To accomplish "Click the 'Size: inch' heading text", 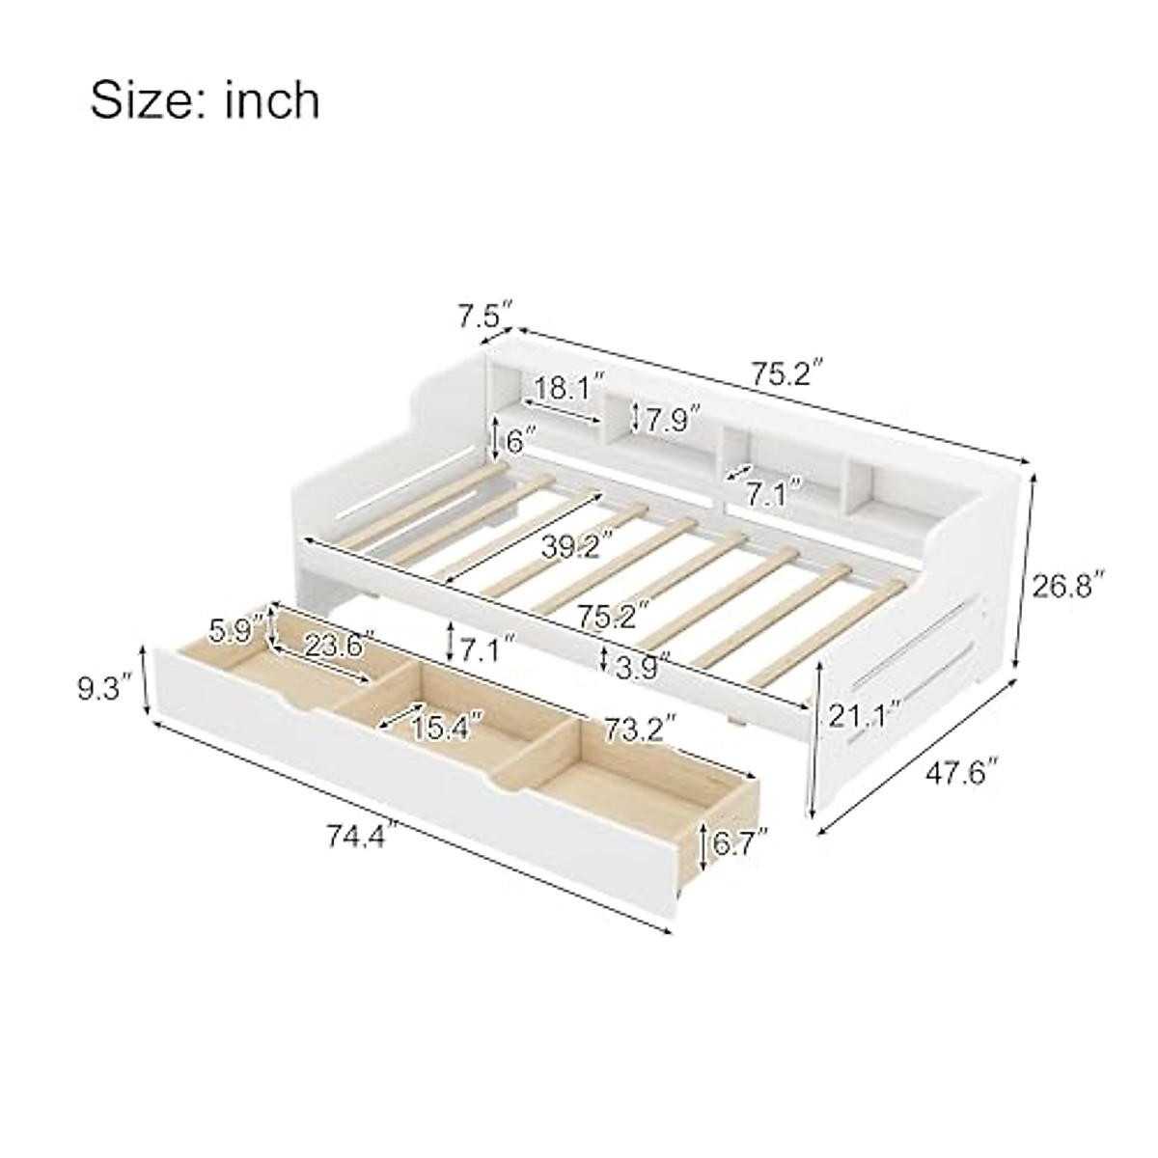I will coord(205,101).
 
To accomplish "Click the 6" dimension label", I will coord(520,442).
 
